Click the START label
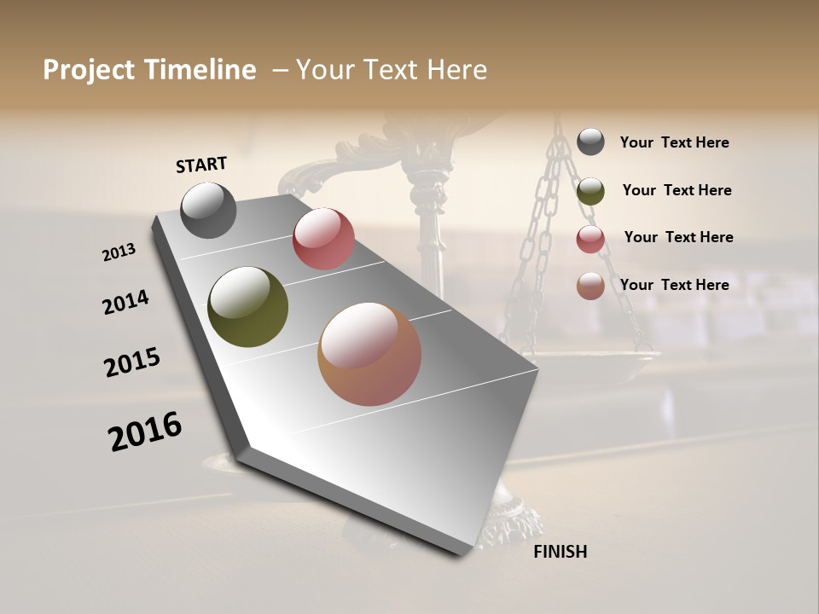(x=201, y=164)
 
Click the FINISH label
(x=560, y=552)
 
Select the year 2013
(x=119, y=252)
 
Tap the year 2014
(x=125, y=302)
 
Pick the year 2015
(x=132, y=362)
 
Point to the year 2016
(x=145, y=431)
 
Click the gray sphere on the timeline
(x=208, y=210)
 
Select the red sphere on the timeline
(x=323, y=239)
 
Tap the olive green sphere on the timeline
(x=247, y=307)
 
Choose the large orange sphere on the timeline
(x=369, y=354)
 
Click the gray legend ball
(x=590, y=142)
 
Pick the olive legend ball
(x=590, y=191)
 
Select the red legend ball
(x=590, y=239)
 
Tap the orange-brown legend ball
(x=590, y=286)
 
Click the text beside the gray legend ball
(x=674, y=142)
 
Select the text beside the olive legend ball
(x=677, y=190)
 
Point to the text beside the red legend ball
(x=678, y=237)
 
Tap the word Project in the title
(x=89, y=70)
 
